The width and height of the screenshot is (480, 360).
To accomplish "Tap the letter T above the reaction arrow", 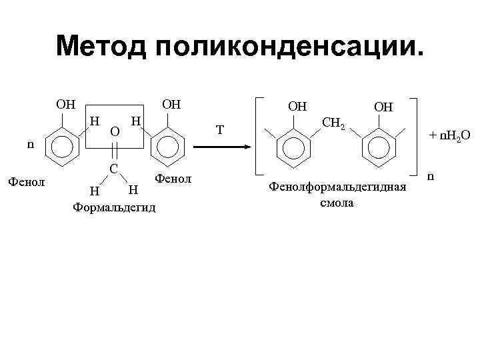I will [221, 129].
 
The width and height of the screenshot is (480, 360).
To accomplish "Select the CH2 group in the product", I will [333, 122].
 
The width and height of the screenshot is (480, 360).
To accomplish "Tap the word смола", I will [337, 202].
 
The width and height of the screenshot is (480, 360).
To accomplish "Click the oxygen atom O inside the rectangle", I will [115, 132].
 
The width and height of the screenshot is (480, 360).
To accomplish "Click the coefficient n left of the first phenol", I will [30, 143].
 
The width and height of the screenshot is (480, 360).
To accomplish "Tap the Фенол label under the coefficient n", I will [25, 180].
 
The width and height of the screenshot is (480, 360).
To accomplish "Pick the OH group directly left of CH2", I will [297, 107].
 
